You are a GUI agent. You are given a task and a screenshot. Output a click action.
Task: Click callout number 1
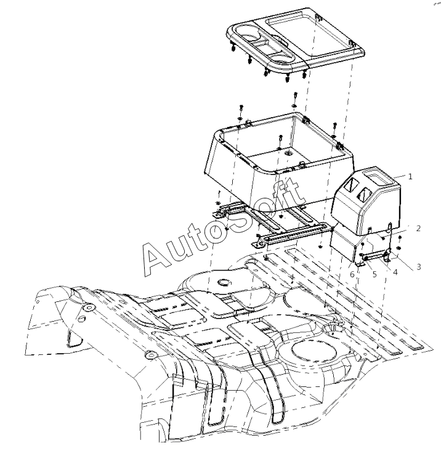tap(410, 176)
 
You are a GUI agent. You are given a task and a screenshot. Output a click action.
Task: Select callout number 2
tap(418, 228)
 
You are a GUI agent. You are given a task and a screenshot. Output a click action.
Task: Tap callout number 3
tap(419, 267)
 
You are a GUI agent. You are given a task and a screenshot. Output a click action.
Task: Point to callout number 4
tap(395, 272)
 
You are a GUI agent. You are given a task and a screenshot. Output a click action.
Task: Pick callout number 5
tap(374, 274)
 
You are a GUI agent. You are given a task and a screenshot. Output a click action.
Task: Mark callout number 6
tap(352, 274)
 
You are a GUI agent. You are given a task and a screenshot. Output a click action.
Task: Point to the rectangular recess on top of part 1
tap(379, 177)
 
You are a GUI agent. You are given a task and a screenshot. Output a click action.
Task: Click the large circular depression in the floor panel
tap(314, 352)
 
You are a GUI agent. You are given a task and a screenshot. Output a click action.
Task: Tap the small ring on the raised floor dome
tap(224, 282)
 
